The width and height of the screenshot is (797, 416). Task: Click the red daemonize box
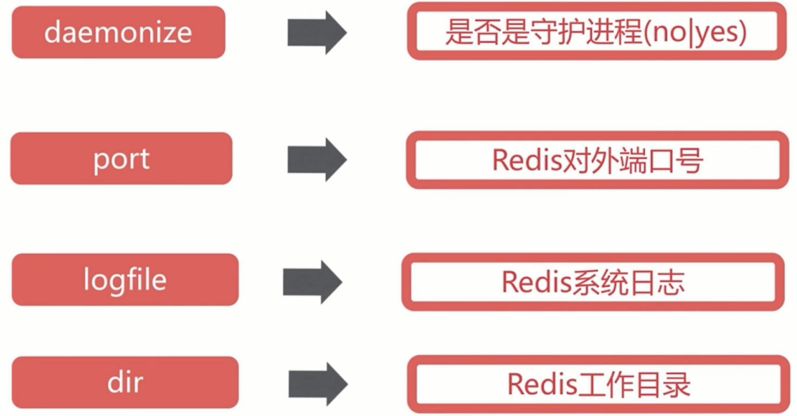tap(118, 32)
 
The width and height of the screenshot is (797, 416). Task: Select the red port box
tap(121, 159)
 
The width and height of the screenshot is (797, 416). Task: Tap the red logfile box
tap(125, 280)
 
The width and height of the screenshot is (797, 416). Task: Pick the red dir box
tap(125, 383)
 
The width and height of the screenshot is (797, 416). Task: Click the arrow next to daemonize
tap(317, 32)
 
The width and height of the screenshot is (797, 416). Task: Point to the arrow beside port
tap(317, 159)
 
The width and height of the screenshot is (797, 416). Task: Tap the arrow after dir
tap(317, 384)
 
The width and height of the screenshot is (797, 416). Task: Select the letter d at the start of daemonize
tap(52, 32)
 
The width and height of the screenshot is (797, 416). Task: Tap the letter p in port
tap(100, 161)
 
